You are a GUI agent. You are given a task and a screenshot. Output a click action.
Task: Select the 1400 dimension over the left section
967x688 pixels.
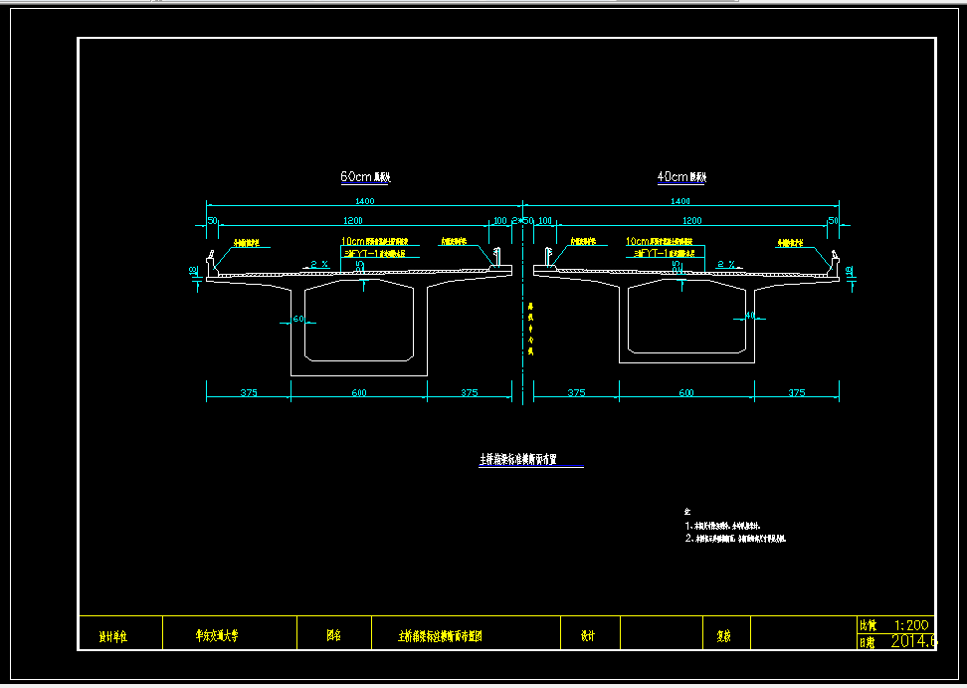[x=364, y=202]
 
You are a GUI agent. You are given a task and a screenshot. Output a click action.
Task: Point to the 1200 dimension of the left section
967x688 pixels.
[x=352, y=220]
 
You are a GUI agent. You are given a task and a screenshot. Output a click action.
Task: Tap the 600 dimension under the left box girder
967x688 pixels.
[x=358, y=393]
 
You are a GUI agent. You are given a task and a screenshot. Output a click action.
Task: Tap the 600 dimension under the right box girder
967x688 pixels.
[x=685, y=393]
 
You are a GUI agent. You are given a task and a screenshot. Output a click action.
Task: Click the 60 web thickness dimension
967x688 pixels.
[x=297, y=320]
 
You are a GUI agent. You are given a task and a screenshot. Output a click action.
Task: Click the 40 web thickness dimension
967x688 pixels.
[x=750, y=316]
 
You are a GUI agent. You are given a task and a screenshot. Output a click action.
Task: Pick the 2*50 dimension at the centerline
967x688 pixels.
[x=522, y=220]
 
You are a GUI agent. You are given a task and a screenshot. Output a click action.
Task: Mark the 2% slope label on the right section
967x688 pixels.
[x=726, y=264]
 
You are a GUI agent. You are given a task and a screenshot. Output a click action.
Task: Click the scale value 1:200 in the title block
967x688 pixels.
[x=911, y=625]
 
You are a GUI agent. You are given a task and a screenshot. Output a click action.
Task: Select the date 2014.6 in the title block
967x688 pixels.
[x=913, y=642]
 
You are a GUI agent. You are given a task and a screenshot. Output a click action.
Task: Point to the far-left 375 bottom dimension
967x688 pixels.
[x=249, y=393]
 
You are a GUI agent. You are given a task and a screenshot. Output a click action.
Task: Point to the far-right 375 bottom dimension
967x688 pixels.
[x=796, y=393]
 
